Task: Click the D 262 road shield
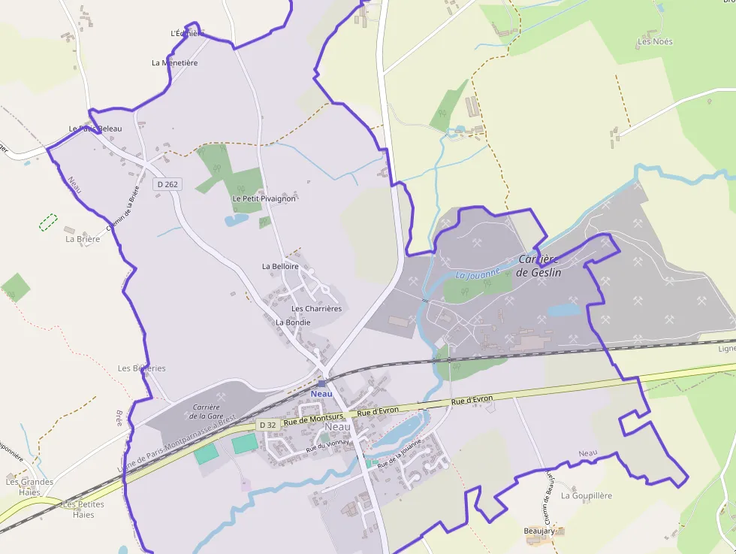coord(168,184)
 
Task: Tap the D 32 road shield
coord(269,425)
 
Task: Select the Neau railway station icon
coord(321,383)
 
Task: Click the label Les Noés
coord(655,42)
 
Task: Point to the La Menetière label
coord(175,63)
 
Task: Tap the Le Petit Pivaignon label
coord(264,198)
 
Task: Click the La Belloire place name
coord(280,266)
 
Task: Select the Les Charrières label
coord(316,309)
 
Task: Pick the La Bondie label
coord(293,322)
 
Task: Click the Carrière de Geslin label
coord(539,266)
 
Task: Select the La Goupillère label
coord(587,496)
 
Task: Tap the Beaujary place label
coord(539,531)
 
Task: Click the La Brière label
coord(83,239)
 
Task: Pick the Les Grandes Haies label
coord(29,487)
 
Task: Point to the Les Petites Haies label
coord(83,510)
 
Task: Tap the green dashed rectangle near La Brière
coord(48,222)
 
